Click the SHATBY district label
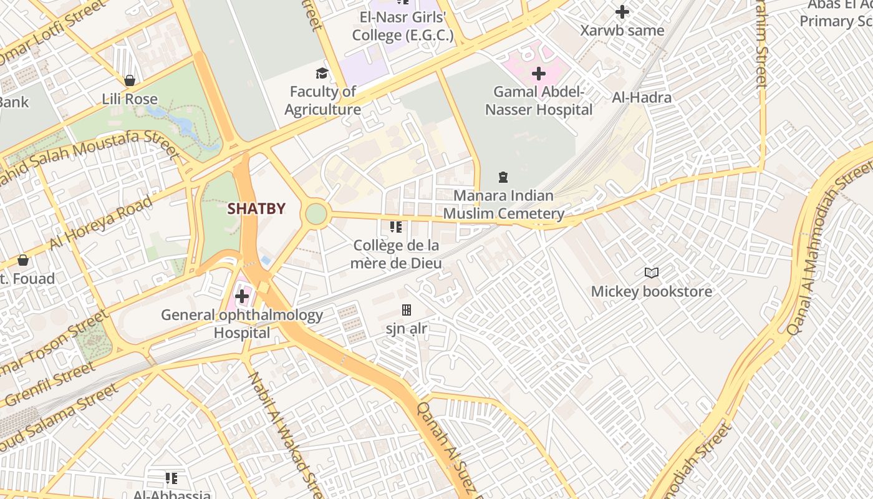click(256, 209)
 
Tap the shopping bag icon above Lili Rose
click(130, 80)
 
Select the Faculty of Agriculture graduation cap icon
click(322, 74)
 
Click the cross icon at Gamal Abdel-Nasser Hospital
click(539, 74)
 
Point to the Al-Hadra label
click(642, 97)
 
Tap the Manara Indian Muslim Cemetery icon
click(503, 178)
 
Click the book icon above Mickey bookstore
click(652, 273)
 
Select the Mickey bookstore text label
click(652, 291)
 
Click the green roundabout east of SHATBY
click(316, 214)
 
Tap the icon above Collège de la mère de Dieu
click(396, 227)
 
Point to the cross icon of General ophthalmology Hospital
click(242, 296)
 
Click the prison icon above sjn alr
click(407, 310)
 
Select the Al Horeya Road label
click(101, 222)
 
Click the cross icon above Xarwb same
click(622, 12)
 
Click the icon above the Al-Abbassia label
click(171, 478)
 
